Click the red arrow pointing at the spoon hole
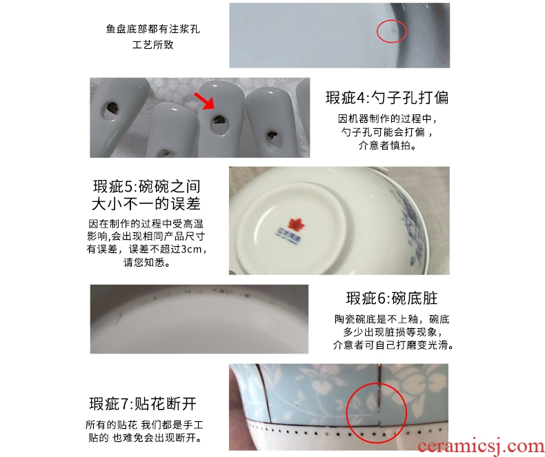(204, 101)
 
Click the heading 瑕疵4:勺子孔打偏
(387, 98)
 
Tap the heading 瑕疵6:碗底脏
(392, 298)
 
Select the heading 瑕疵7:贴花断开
(143, 404)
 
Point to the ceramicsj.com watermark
(481, 447)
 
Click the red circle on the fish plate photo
(392, 31)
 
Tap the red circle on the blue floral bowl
(377, 413)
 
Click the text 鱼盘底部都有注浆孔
(153, 29)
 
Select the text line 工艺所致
(153, 45)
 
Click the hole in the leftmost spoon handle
(112, 108)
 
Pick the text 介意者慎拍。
(387, 145)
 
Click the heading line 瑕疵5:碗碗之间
(146, 187)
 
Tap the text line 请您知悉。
(146, 262)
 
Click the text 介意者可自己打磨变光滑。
(393, 345)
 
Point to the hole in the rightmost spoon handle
(271, 136)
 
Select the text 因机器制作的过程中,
(387, 119)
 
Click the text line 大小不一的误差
(146, 204)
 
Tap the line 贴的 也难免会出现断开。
(145, 438)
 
